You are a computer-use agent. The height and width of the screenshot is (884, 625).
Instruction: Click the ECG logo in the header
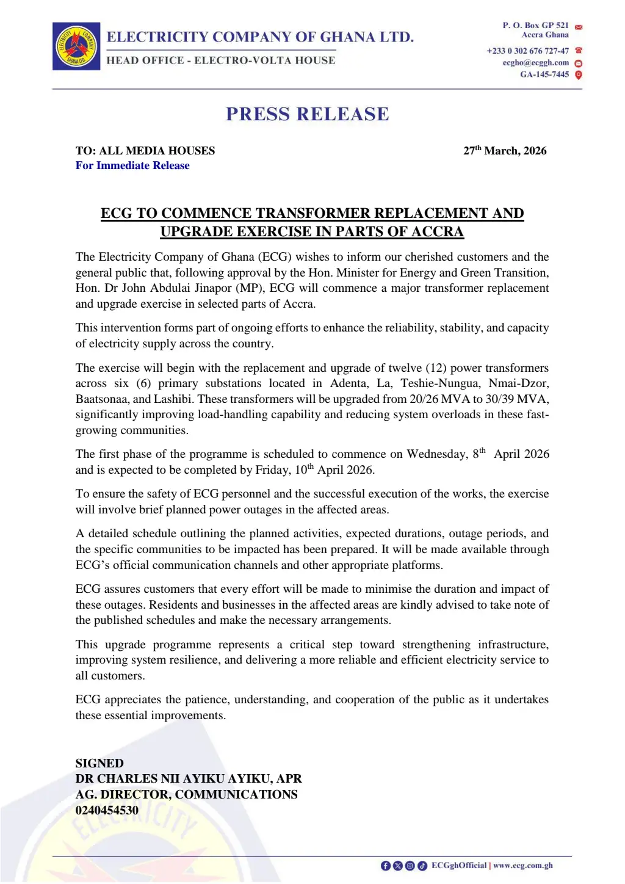pos(76,46)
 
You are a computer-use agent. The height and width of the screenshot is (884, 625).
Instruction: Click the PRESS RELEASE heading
pos(307,114)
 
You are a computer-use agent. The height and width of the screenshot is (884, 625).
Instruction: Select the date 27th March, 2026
pos(505,151)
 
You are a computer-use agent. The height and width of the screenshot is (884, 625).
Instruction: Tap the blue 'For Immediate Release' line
pos(132,165)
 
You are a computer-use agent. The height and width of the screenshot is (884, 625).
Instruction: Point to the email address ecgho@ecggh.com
pos(535,63)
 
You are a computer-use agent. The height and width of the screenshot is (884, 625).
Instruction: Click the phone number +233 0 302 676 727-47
pos(527,51)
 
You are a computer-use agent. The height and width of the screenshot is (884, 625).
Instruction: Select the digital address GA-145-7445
pos(544,74)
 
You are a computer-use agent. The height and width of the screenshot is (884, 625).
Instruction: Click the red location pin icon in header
pos(579,74)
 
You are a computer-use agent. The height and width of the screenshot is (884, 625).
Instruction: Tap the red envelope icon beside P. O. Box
pos(579,27)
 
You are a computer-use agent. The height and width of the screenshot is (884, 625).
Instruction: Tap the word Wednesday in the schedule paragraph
pos(436,454)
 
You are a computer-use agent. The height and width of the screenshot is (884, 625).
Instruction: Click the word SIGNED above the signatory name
pos(99,763)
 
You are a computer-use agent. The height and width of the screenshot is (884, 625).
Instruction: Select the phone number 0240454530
pos(107,810)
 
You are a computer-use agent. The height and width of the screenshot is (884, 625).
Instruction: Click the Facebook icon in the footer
pos(385,866)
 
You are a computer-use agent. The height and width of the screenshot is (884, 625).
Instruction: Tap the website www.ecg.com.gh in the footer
pos(523,866)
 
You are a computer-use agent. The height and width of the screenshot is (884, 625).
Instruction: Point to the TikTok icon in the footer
pos(422,866)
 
